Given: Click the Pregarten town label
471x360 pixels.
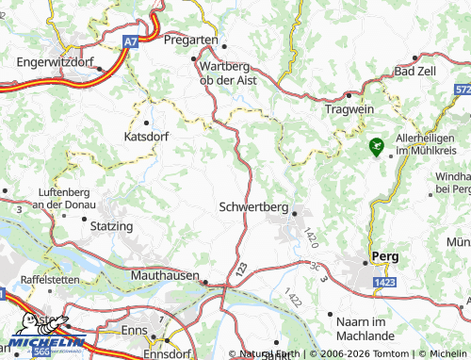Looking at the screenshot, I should tap(191, 41).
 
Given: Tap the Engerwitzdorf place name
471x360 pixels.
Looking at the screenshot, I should tap(56, 62).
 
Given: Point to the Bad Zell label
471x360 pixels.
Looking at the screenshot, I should tap(417, 71).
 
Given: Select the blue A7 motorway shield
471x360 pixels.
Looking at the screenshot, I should tap(132, 41).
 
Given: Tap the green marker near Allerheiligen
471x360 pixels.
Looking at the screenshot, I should tap(377, 146).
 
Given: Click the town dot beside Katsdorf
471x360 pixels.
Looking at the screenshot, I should tap(146, 122).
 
